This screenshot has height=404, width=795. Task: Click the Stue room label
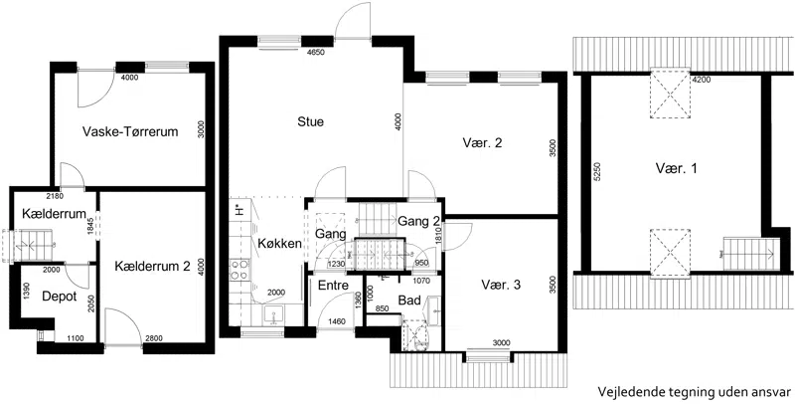[x=310, y=121]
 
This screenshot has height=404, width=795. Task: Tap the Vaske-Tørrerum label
[x=130, y=132]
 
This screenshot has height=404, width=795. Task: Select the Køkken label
[x=280, y=243]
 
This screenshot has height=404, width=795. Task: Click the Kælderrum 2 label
[x=152, y=266]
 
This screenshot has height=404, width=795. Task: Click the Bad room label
[x=409, y=301]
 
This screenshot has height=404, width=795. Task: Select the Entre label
[x=333, y=286]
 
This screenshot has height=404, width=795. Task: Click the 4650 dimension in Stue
[x=315, y=52]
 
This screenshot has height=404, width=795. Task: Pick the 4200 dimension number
[x=701, y=80]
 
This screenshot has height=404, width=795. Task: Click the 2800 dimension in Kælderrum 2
[x=154, y=337]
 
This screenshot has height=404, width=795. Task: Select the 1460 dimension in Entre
[x=337, y=321]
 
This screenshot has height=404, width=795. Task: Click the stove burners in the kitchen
[x=238, y=270]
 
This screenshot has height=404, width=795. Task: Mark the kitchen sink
[x=274, y=315]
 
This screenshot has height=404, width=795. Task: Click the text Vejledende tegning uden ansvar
[x=694, y=391]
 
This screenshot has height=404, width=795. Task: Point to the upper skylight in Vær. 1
[x=670, y=94]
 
